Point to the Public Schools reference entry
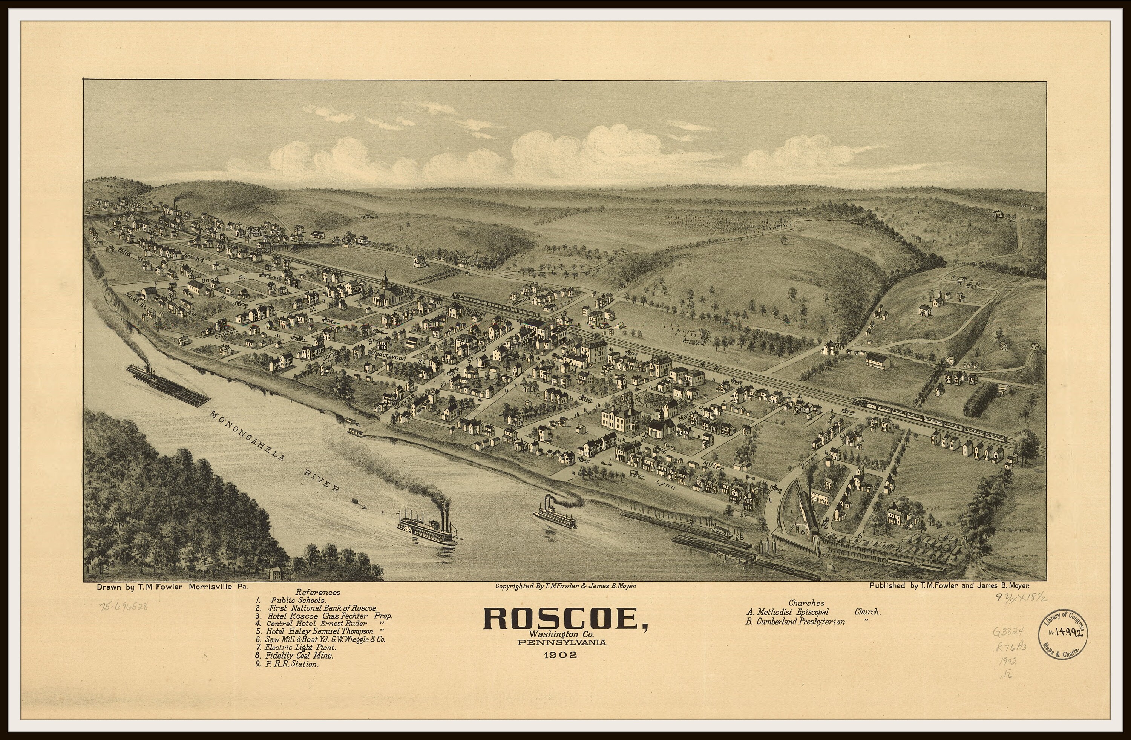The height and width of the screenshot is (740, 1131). point(299,600)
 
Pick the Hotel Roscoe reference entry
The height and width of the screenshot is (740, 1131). point(330,616)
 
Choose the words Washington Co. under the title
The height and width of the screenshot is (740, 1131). point(563,634)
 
